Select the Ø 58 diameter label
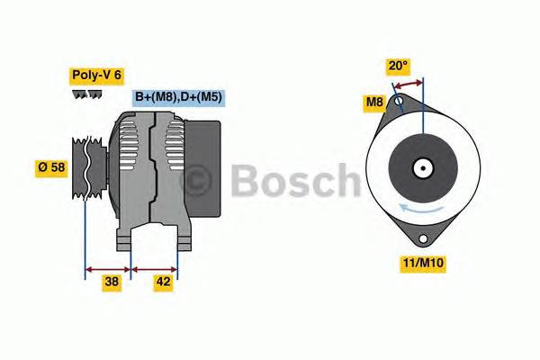coord(52,168)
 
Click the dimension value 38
coord(112,283)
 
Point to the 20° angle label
coord(398,66)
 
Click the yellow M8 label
coord(375,103)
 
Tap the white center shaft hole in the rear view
coord(421,167)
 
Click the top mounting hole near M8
coord(399,102)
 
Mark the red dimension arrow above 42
coord(154,267)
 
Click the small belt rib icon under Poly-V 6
coord(87,94)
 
